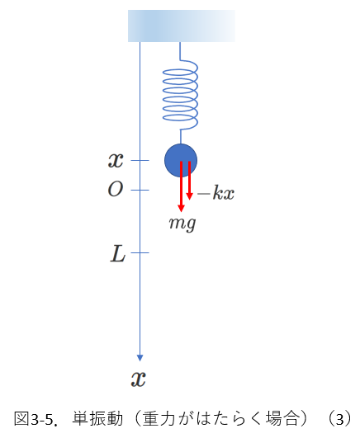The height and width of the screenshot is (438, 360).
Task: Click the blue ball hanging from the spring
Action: [181, 160]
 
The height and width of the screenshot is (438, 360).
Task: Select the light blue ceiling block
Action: [182, 26]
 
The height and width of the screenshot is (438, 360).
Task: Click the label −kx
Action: [216, 192]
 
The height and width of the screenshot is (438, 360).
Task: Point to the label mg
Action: [182, 224]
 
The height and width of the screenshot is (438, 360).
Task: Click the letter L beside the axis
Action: [117, 253]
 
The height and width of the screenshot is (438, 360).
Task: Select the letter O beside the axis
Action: [116, 189]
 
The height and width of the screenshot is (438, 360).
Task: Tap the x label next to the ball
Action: [116, 160]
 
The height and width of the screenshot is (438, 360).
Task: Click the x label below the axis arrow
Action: [139, 379]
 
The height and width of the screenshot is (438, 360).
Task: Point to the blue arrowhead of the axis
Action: [140, 358]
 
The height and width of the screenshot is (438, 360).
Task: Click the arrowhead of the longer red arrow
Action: [182, 208]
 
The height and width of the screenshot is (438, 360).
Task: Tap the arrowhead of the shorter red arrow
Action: [189, 196]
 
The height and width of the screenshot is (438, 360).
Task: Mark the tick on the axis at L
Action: [140, 252]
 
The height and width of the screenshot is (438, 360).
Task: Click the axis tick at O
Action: [140, 190]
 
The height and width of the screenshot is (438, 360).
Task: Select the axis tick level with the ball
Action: [140, 160]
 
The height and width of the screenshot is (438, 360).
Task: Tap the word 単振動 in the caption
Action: [97, 419]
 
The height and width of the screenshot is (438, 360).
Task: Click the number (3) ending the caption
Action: [339, 419]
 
